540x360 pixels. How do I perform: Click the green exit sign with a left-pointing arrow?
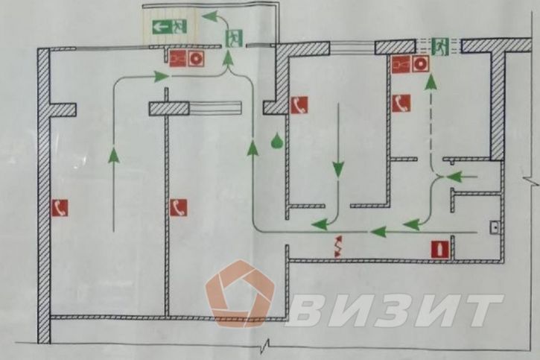click(169, 26)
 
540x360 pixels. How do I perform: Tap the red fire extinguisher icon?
click(439, 250)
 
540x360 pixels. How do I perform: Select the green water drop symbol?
click(276, 141)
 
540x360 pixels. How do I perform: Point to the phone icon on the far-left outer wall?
click(60, 208)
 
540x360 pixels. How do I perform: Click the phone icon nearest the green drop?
click(299, 105)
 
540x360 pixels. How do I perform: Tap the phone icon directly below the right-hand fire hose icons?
click(401, 103)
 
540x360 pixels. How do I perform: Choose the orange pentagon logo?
click(241, 293)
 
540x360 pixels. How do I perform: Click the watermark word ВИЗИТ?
click(394, 310)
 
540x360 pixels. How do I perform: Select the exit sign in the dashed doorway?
click(440, 46)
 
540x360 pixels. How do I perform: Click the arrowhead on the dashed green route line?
click(431, 82)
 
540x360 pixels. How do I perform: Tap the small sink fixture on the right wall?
click(495, 227)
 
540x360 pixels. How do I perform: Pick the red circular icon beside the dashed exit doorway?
click(419, 64)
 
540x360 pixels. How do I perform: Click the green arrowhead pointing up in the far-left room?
click(114, 155)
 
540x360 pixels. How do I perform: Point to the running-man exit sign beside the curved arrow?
click(234, 38)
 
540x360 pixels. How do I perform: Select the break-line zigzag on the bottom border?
click(265, 346)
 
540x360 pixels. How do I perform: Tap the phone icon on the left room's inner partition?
click(179, 208)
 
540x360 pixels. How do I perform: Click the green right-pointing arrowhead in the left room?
click(161, 76)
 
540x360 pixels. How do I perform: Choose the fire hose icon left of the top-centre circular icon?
click(178, 58)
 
